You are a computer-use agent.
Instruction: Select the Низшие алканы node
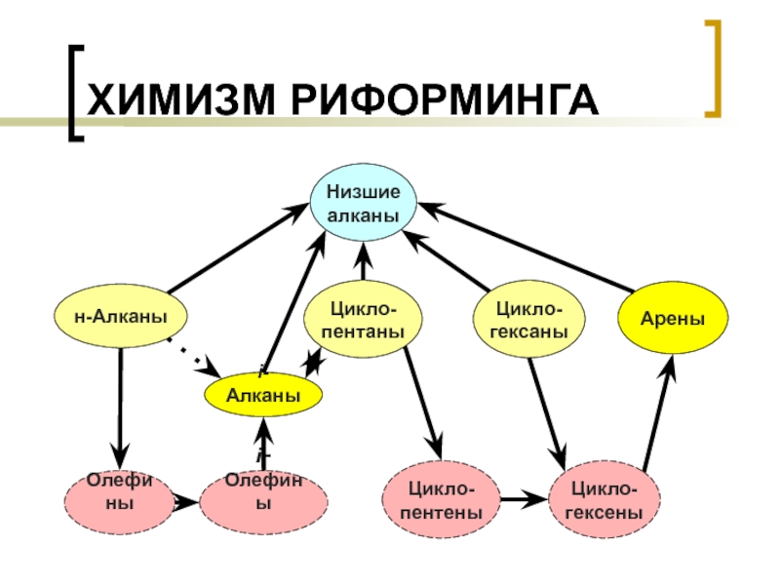(x=363, y=206)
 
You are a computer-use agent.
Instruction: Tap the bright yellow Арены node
(x=673, y=320)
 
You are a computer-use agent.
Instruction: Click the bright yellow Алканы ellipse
(x=261, y=395)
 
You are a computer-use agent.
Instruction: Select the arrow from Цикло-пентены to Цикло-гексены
(x=526, y=501)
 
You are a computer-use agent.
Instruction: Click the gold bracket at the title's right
(x=717, y=67)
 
